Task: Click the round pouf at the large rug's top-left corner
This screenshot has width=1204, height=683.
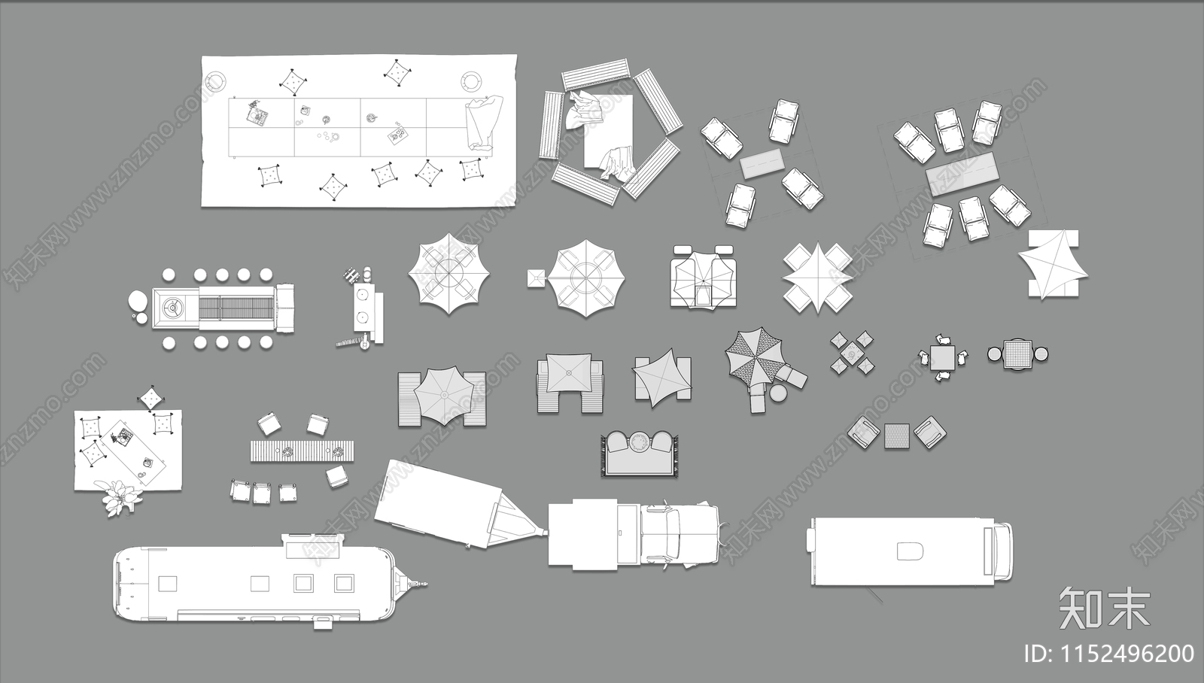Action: point(215,82)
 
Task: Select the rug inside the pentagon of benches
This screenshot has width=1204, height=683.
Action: point(610,132)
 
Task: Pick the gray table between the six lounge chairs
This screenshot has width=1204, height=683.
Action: point(962,172)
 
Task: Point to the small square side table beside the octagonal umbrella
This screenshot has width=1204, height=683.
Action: point(536,278)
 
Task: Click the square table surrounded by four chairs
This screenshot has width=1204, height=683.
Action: point(944,357)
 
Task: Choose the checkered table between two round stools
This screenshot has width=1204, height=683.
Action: point(1017,354)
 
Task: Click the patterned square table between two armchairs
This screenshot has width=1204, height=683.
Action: point(897,436)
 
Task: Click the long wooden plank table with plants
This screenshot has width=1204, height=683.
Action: point(302,451)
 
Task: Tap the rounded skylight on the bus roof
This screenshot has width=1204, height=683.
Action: point(910,551)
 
